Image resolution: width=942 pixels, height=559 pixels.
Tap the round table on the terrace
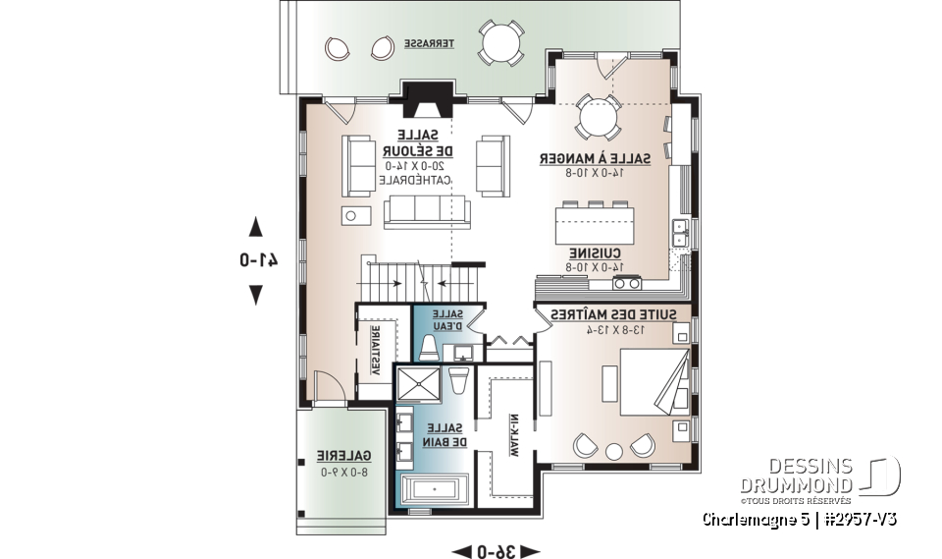tap(500, 42)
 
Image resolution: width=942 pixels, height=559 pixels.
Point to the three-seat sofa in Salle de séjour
tap(426, 210)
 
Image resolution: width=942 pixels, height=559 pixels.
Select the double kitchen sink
tap(678, 233)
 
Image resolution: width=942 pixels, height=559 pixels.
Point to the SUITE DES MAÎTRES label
tap(597, 313)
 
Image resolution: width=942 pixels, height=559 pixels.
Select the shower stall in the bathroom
tap(421, 384)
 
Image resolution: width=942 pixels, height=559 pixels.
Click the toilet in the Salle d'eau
tap(429, 349)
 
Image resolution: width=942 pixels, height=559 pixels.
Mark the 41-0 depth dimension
tap(255, 260)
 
